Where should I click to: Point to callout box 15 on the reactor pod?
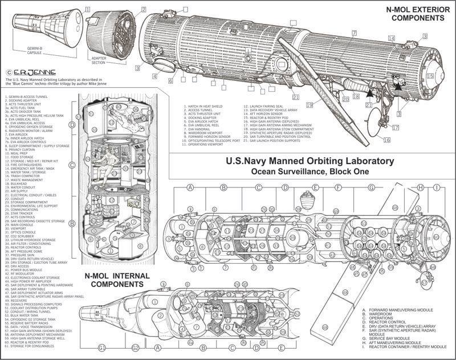point(430,76)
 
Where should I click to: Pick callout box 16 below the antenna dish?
point(386,140)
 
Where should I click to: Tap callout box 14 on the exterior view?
point(391,38)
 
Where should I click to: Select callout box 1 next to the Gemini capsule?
point(88,10)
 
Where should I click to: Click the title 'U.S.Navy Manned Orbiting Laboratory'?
point(311,161)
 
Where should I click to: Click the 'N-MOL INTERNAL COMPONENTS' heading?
point(117,280)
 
